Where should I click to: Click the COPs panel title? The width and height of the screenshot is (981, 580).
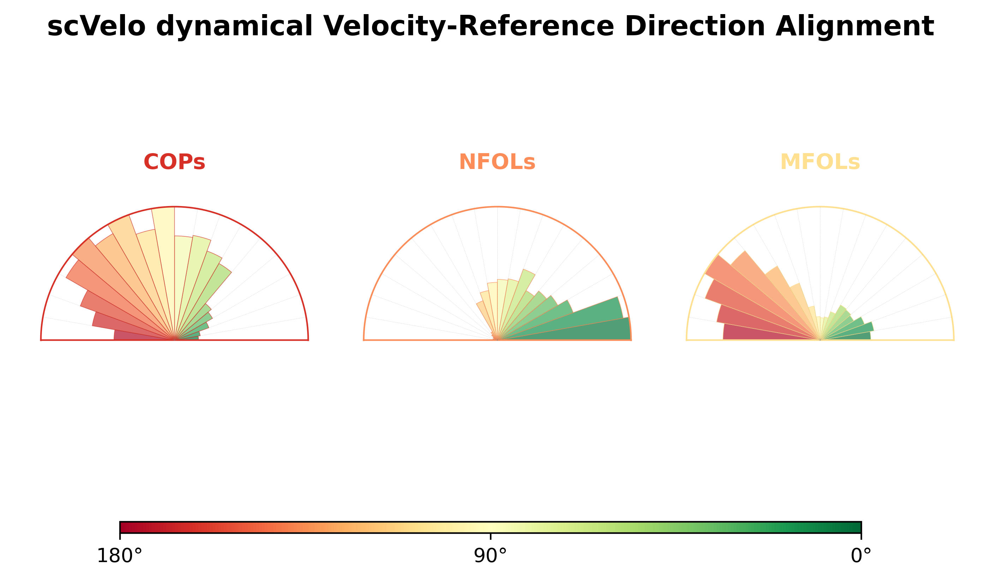click(174, 162)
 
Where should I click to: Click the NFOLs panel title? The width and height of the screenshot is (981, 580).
click(497, 162)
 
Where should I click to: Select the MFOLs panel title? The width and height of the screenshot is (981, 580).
click(820, 162)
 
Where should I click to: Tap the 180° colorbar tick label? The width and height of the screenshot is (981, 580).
click(120, 556)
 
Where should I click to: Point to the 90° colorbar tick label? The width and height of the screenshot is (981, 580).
click(490, 556)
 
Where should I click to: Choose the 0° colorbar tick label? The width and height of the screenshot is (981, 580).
click(861, 556)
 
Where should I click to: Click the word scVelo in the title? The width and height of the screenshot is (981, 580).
click(96, 26)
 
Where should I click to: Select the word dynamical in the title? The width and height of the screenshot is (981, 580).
click(235, 26)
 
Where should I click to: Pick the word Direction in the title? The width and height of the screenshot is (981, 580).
click(695, 26)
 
